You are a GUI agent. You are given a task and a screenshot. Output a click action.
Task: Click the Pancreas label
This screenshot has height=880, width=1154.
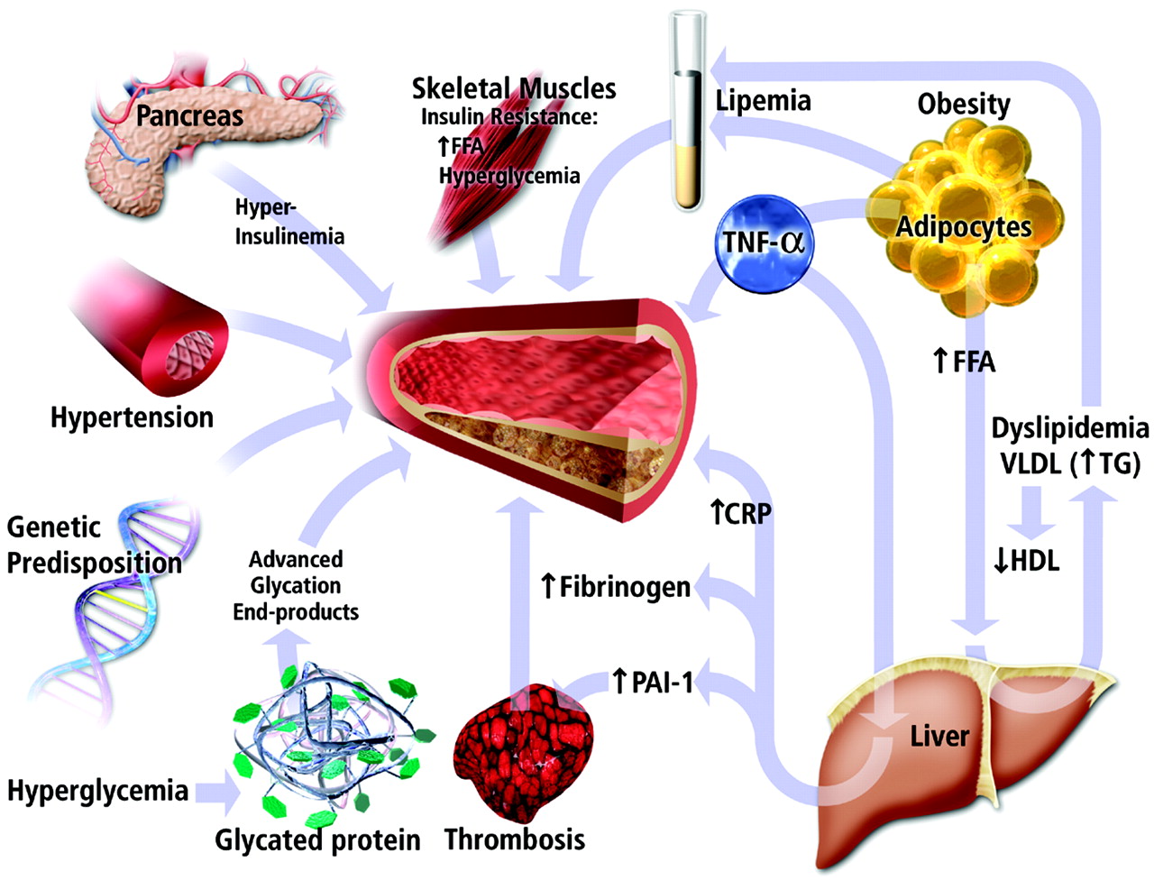(189, 115)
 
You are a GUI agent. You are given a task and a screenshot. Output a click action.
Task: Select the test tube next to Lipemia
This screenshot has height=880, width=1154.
(688, 113)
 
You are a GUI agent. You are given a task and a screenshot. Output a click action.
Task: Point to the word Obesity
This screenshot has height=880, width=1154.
(964, 104)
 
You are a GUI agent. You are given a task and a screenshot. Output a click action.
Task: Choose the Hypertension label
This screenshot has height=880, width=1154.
(132, 417)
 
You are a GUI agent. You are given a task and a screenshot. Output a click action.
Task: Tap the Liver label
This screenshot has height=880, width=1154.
(939, 736)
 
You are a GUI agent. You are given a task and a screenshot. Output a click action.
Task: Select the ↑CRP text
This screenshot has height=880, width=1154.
(739, 513)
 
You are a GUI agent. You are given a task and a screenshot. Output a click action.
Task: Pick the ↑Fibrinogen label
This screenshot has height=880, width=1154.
(615, 587)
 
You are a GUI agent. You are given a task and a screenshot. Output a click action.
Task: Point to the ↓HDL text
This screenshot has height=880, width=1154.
(1025, 561)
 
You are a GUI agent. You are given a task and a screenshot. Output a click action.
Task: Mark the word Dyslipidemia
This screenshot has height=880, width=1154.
(1070, 427)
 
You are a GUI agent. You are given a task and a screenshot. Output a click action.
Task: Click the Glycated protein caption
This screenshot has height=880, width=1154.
(317, 840)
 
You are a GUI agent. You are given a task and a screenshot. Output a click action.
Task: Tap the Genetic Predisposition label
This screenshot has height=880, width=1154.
(94, 545)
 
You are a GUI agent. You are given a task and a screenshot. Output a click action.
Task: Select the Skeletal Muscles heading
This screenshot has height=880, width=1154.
(514, 88)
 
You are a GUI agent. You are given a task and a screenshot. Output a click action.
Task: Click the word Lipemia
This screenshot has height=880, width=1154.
(763, 100)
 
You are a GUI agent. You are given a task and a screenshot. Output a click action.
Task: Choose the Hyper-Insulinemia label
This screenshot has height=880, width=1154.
(288, 222)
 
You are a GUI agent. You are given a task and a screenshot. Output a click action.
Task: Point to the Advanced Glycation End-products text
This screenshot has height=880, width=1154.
(296, 585)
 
